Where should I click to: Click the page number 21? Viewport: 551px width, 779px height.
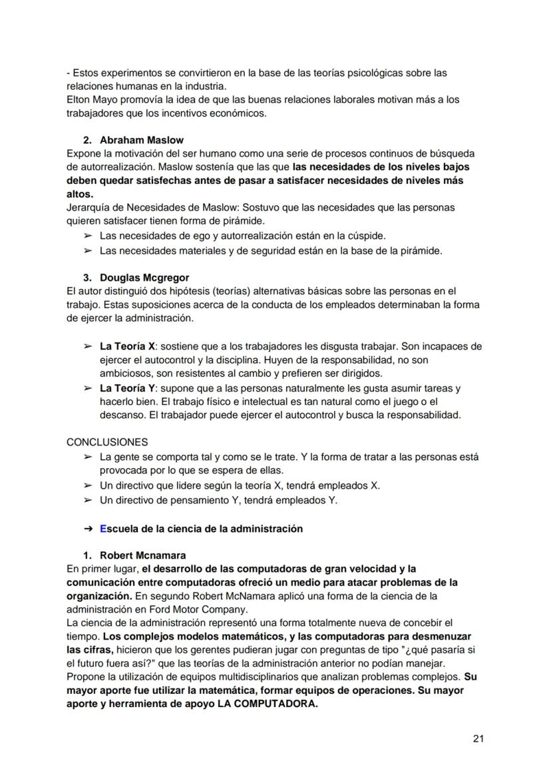point(478,738)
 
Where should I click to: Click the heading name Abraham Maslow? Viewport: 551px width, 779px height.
point(141,140)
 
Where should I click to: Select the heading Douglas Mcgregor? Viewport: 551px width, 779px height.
point(144,277)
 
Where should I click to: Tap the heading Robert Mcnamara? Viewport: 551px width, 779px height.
point(142,555)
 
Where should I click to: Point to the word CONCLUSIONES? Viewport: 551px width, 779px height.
point(107,441)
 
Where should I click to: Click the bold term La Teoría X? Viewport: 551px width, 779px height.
point(127,346)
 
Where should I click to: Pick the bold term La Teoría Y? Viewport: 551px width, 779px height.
point(127,388)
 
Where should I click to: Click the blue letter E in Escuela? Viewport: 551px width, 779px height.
point(103,529)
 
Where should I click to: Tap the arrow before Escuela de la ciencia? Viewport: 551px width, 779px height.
point(88,529)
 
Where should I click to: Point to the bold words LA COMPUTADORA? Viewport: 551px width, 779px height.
point(268,704)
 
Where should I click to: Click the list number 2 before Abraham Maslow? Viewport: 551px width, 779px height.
point(87,140)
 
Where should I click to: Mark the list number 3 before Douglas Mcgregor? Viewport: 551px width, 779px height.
point(87,277)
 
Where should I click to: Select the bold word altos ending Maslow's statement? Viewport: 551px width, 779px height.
point(79,194)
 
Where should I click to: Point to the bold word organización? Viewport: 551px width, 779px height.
point(98,595)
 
